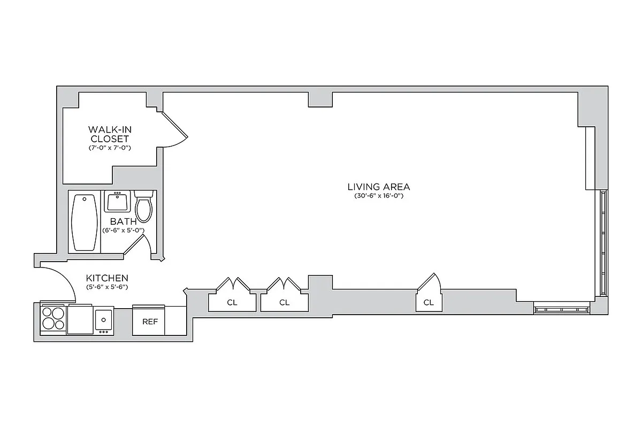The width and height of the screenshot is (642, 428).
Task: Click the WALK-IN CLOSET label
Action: click(x=110, y=134)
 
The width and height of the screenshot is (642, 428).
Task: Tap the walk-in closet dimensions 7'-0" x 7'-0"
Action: click(x=110, y=147)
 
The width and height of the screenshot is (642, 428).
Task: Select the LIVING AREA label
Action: click(x=379, y=187)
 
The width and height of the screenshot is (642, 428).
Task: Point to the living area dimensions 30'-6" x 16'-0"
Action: click(x=379, y=196)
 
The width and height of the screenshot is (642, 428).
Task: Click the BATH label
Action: click(x=123, y=221)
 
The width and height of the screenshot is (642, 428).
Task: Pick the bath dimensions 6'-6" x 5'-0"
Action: click(x=123, y=231)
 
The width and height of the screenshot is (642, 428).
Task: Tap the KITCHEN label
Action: click(x=107, y=278)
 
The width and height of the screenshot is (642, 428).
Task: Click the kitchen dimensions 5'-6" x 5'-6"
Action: click(x=107, y=287)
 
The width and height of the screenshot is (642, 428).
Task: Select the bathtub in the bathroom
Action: click(x=85, y=222)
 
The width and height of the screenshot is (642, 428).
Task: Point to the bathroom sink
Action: click(x=116, y=202)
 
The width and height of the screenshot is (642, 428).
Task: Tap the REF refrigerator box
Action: click(x=149, y=322)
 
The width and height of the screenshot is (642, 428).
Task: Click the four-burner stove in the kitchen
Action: click(x=53, y=318)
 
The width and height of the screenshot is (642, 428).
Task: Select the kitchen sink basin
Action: click(x=103, y=320)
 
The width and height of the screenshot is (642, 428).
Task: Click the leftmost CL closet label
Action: click(x=232, y=302)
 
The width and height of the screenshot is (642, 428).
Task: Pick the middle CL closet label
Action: click(x=284, y=302)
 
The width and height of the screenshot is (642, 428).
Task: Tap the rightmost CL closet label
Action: click(x=429, y=302)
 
